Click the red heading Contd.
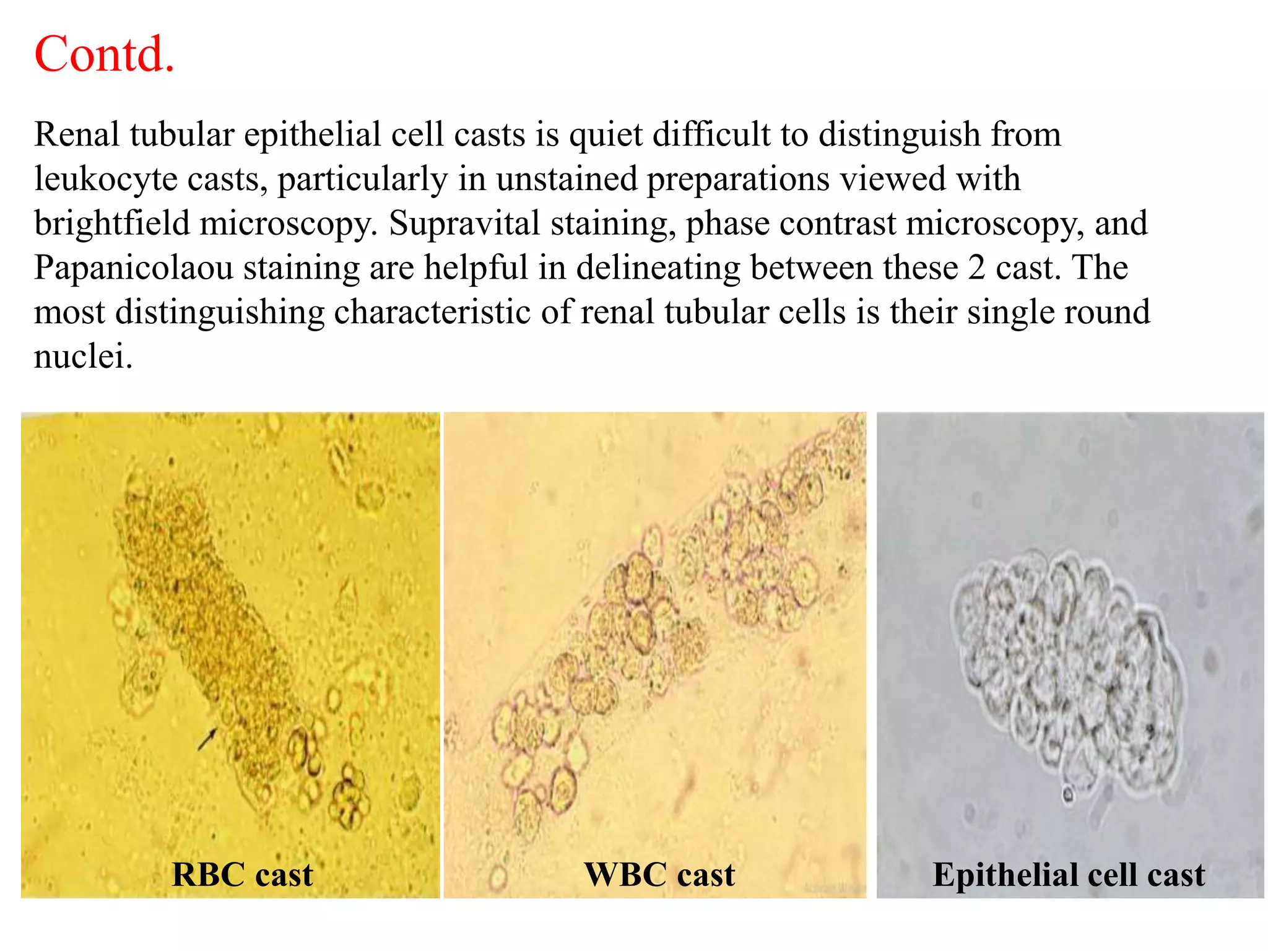104,54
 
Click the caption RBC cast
242,874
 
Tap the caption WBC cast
659,874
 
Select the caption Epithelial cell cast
1069,874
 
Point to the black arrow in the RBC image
207,739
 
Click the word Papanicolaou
134,267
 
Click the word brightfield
112,223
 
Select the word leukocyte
106,179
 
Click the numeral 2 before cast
976,267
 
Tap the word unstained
567,179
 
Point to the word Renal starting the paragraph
76,134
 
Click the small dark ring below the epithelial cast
1067,794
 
